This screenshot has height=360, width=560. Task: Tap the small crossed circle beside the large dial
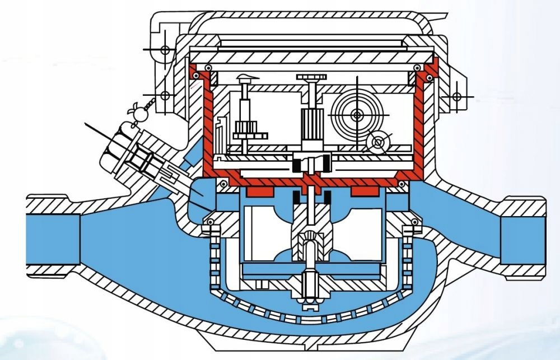379,142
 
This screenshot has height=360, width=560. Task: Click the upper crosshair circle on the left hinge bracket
165,50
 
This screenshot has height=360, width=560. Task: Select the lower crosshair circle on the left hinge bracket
165,95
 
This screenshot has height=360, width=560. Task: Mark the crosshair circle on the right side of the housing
457,96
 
